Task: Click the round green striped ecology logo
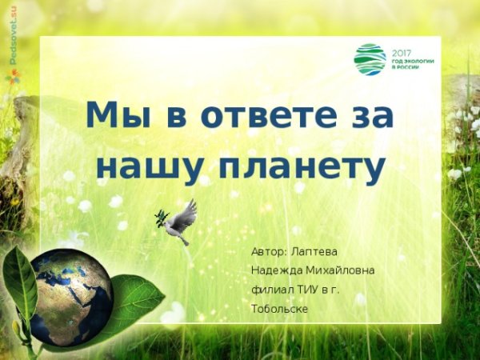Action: [370, 59]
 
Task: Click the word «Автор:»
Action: [270, 251]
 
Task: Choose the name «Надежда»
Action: [276, 270]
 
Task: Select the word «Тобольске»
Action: [279, 309]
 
